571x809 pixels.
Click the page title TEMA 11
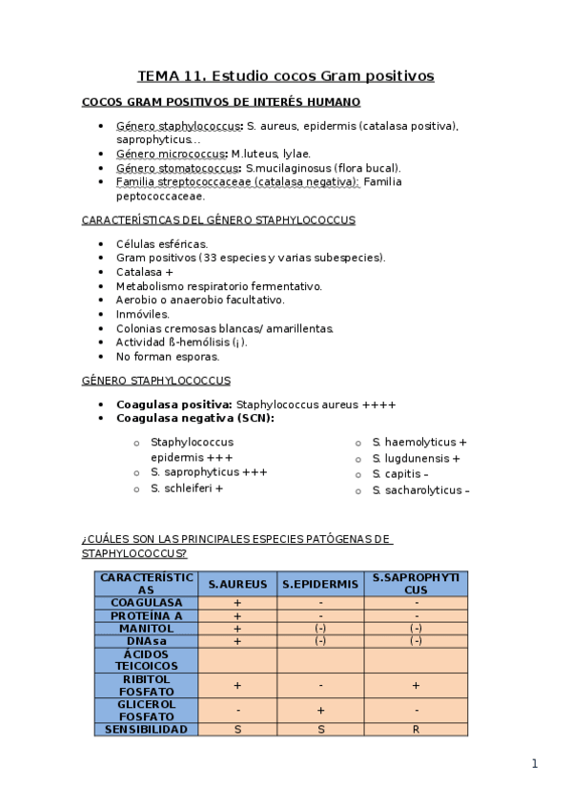[x=285, y=75]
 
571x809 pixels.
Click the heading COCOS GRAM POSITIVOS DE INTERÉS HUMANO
[x=221, y=102]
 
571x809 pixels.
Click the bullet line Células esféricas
[x=162, y=243]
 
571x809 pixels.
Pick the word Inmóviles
[x=143, y=314]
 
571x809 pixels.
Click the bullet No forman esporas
[x=168, y=357]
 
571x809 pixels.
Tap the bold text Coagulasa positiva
[x=173, y=404]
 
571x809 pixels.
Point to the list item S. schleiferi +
[x=187, y=488]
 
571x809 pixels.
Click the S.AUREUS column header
[x=237, y=584]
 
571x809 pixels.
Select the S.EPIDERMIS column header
[x=320, y=584]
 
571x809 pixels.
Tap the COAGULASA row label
[x=147, y=603]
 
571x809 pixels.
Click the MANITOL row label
[x=147, y=629]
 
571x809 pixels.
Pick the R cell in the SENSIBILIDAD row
[x=416, y=729]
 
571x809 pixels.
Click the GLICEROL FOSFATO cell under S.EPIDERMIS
[x=320, y=711]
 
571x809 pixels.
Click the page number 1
[x=535, y=763]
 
